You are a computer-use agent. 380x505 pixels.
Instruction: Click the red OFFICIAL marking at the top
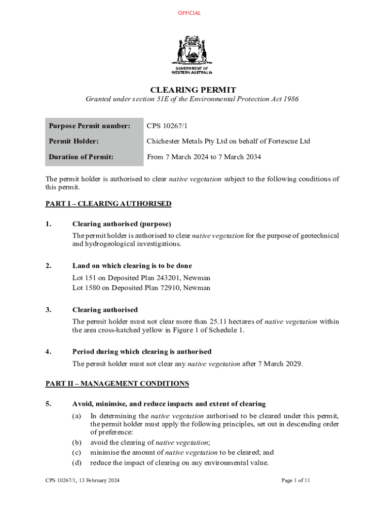pos(190,13)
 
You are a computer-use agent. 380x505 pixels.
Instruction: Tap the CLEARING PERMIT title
pos(193,90)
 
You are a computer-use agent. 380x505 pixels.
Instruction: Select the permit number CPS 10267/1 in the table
pos(167,126)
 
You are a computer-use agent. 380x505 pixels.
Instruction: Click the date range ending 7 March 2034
pos(204,157)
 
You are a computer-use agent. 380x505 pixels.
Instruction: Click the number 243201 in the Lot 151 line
pos(166,278)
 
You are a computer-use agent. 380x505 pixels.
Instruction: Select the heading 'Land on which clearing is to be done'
pos(132,266)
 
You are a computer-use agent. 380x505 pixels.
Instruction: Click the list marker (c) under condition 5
pos(77,452)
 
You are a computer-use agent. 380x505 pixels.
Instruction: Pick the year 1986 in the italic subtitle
pos(289,100)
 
